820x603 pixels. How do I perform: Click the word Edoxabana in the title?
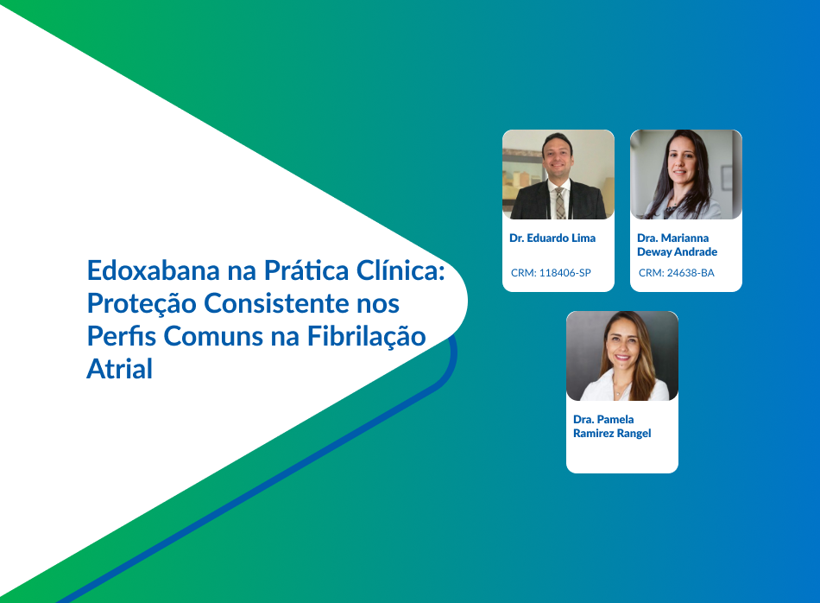154,270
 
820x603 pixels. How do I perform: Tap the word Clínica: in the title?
401,270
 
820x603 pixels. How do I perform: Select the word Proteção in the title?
142,304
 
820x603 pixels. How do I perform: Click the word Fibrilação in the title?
366,337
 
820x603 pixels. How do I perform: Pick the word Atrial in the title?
120,369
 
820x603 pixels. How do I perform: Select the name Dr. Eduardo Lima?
552,238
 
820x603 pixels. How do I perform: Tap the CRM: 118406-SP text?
551,273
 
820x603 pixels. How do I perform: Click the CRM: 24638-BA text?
676,273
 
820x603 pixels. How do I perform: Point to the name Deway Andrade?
677,252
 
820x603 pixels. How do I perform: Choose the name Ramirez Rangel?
612,434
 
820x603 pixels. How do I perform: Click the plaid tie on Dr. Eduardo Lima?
559,203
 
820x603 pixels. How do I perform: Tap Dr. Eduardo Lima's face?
558,156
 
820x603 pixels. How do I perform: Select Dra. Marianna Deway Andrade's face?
683,161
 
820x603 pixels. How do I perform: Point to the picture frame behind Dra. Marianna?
727,177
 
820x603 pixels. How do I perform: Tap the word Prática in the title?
306,270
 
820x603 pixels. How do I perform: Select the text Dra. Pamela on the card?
603,420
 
